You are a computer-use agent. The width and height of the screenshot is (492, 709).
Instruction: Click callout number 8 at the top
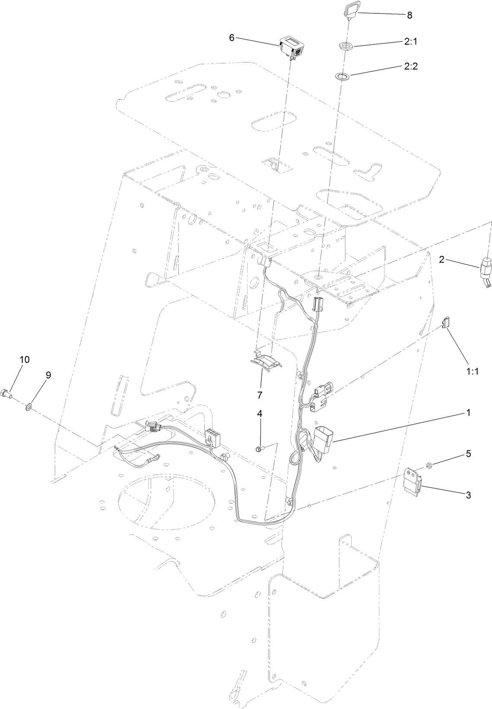click(409, 16)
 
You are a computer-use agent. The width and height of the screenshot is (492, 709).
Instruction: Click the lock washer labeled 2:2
click(345, 76)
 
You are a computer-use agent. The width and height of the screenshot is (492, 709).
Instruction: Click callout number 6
click(232, 38)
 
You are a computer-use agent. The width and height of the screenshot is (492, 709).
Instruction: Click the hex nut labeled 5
click(429, 465)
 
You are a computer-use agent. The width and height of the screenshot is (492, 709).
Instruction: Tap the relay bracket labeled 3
click(412, 481)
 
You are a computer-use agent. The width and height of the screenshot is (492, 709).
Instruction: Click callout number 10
click(24, 360)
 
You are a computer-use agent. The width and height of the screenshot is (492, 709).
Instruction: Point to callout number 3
click(468, 495)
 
